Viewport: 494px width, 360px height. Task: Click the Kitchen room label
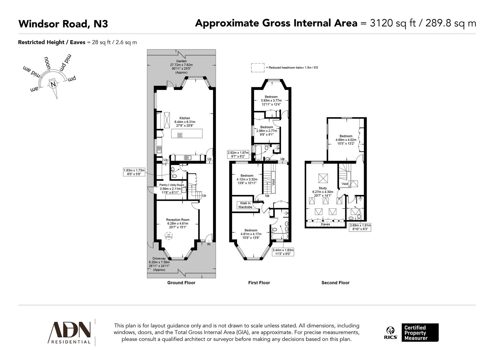[185, 118]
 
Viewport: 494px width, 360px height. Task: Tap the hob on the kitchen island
[180, 135]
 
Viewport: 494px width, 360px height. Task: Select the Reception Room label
[178, 220]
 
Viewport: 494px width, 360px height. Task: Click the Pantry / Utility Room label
[172, 185]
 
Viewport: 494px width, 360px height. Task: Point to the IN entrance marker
[209, 244]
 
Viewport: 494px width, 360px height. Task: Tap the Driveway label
[159, 259]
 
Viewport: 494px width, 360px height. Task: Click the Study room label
[323, 188]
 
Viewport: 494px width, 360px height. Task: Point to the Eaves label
[325, 224]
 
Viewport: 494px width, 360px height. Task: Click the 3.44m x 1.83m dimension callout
[283, 252]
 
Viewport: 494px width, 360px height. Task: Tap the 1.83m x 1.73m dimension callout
[134, 172]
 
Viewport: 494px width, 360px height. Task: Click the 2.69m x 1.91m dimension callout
[360, 227]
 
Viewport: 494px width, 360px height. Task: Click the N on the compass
[53, 84]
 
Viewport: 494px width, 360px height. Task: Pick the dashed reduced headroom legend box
[258, 68]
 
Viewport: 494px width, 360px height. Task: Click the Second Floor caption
[335, 283]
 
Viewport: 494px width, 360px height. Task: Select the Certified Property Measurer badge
[419, 333]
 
